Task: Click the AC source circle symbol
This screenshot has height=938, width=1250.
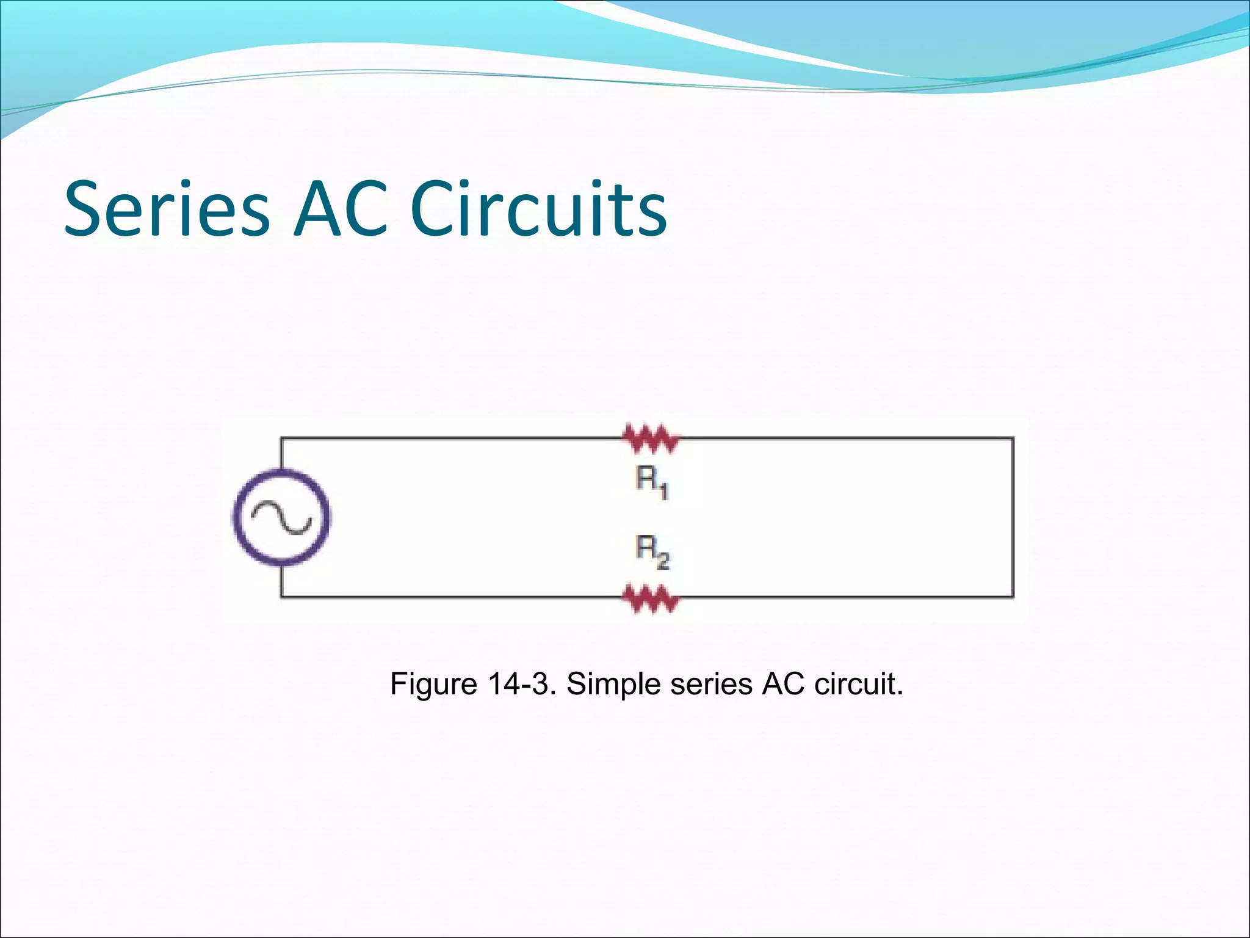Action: (281, 518)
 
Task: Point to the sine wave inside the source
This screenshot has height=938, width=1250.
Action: (281, 518)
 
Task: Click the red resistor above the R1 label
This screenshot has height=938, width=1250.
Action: (651, 438)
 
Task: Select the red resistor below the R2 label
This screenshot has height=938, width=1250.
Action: (651, 598)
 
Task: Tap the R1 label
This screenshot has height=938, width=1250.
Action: (652, 482)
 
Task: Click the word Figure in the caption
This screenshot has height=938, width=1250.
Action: (433, 684)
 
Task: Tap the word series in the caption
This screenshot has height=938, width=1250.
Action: (711, 684)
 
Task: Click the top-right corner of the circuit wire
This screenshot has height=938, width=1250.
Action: (1013, 438)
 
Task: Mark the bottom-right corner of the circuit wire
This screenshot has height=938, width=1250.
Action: (1013, 596)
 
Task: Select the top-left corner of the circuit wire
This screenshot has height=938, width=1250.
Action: (281, 438)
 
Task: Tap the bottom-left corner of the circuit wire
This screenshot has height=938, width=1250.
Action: (281, 596)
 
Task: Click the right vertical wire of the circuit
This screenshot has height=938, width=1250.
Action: (1013, 517)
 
